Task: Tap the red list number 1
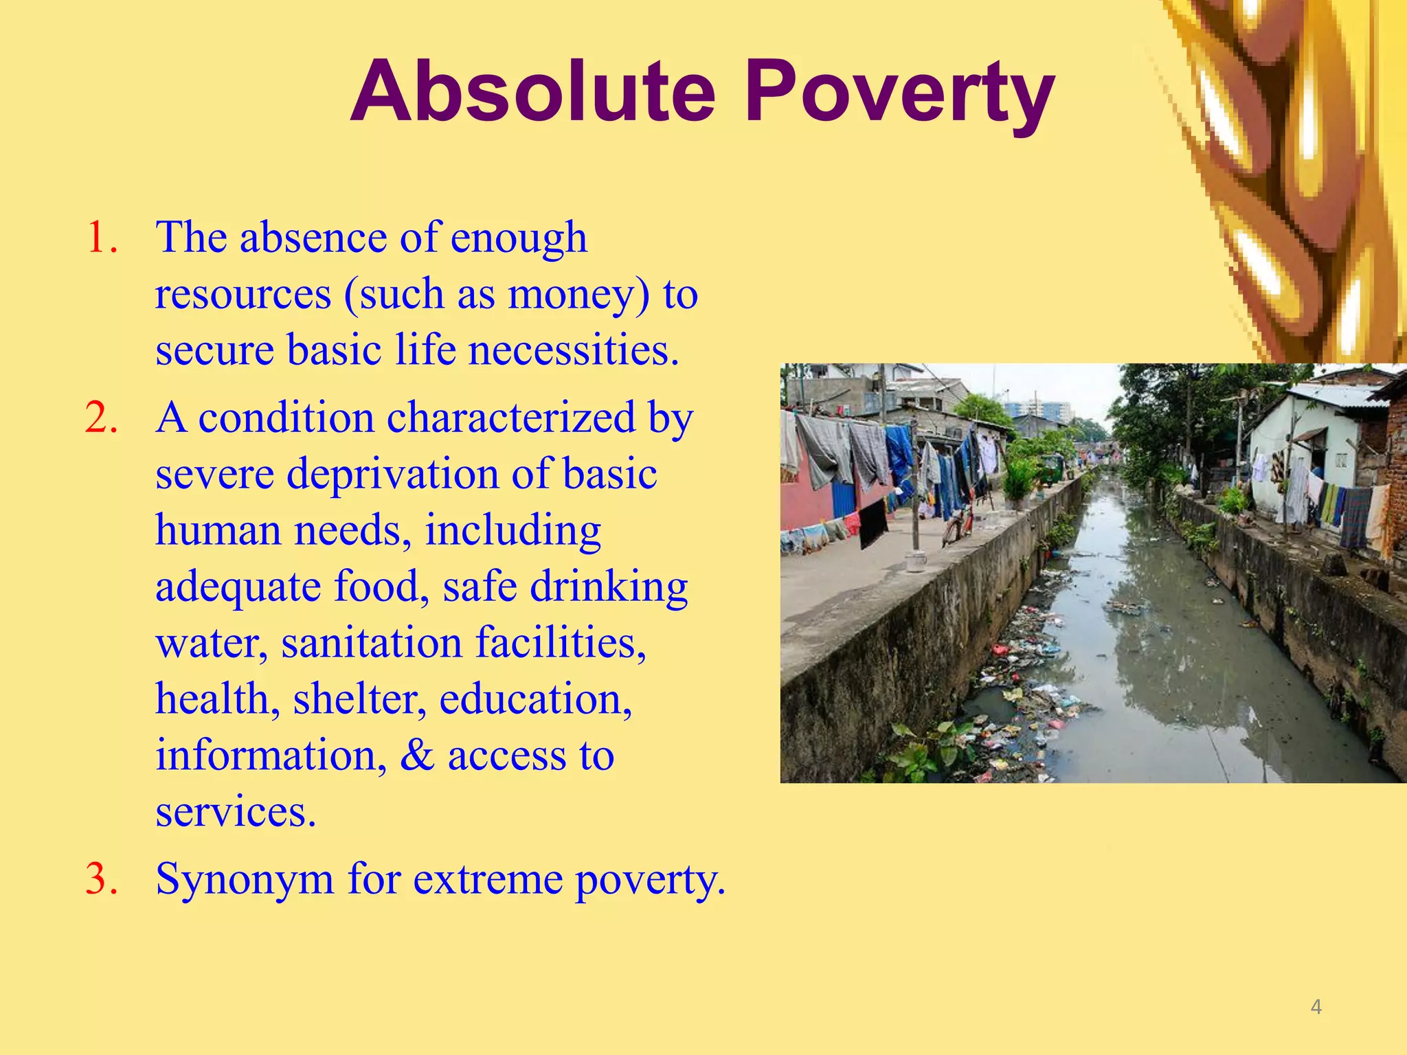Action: (x=102, y=238)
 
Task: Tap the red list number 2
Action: (x=102, y=418)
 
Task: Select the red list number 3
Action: (x=102, y=878)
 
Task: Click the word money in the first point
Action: (x=577, y=294)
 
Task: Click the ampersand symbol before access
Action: (x=417, y=756)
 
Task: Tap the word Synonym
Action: (x=245, y=879)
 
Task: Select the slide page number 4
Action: (x=1316, y=1007)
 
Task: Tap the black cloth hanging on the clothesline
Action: (x=873, y=523)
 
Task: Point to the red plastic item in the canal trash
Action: (x=1000, y=648)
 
